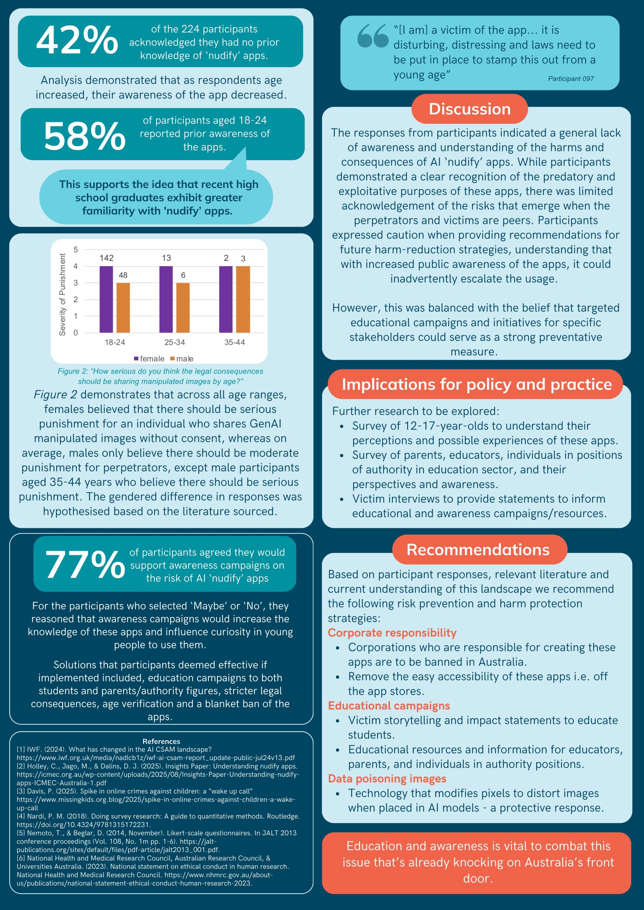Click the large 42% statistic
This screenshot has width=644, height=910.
[77, 41]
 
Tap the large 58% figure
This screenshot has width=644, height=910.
[85, 136]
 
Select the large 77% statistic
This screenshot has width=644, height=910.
[85, 565]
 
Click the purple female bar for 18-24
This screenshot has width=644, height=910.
[106, 299]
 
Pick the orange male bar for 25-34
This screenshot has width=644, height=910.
[183, 307]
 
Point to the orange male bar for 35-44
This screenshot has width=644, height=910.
[243, 299]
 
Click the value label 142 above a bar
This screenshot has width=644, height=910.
[106, 258]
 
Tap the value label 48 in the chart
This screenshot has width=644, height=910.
[123, 275]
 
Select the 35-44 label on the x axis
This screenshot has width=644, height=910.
[234, 342]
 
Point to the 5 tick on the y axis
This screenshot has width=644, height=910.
[76, 250]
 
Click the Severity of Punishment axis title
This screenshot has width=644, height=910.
[62, 294]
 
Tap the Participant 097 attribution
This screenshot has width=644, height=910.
[571, 79]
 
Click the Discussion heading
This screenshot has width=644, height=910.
[469, 109]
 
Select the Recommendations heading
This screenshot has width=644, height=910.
[478, 550]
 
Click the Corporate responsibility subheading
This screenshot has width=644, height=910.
[392, 633]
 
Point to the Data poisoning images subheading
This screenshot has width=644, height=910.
[387, 778]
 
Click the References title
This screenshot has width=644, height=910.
[161, 741]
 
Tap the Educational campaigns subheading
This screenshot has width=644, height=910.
[389, 706]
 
